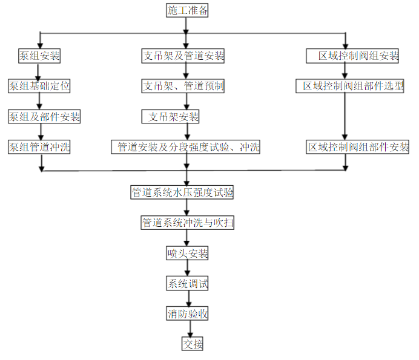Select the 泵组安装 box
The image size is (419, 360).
[39, 56]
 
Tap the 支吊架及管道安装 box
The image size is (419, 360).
[183, 56]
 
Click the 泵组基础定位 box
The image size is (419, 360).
[39, 86]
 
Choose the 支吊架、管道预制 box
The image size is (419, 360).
[183, 86]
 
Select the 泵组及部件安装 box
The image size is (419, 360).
[44, 116]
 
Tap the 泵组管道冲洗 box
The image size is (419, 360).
[39, 146]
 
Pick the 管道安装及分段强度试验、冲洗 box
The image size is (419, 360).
[186, 146]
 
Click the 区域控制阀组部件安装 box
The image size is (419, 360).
[358, 146]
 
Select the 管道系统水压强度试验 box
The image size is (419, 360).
[182, 193]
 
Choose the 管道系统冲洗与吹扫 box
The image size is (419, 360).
[187, 223]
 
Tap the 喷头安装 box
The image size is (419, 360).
[187, 254]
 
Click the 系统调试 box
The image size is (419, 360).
[188, 283]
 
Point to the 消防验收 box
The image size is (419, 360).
[188, 313]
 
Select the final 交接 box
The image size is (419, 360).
[192, 344]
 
